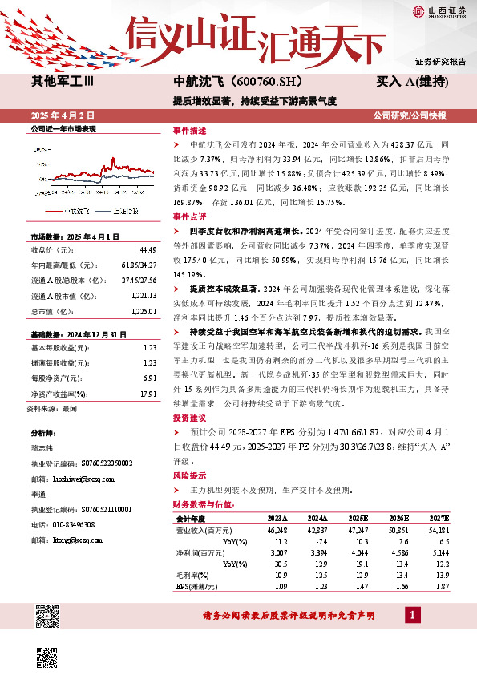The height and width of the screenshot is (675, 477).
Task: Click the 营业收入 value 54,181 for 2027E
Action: click(438, 531)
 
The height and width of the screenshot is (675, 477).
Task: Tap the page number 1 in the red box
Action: click(413, 615)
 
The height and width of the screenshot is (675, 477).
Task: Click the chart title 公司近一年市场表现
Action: click(63, 128)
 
